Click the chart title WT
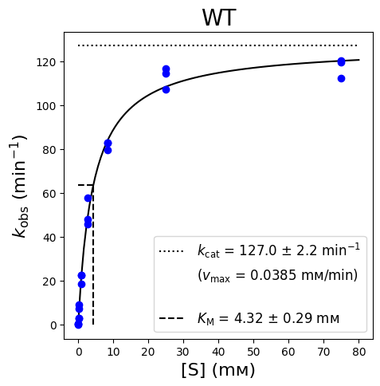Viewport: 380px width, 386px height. (x=219, y=18)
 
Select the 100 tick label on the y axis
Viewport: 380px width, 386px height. (x=45, y=106)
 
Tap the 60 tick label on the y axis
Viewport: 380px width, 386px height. (x=49, y=194)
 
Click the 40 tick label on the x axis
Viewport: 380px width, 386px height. (x=218, y=352)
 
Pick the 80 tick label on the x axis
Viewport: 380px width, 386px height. (x=358, y=352)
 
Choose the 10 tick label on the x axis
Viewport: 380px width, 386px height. (x=113, y=352)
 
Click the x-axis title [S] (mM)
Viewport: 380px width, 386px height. (x=218, y=370)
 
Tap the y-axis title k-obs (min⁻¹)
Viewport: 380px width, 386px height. (x=19, y=186)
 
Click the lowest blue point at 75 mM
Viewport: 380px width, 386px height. (x=341, y=79)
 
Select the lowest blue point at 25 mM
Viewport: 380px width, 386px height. (x=166, y=90)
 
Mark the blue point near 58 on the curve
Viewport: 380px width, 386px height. (x=88, y=198)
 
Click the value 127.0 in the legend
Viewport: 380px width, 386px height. (x=258, y=250)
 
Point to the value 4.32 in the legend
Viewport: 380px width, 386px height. (x=248, y=318)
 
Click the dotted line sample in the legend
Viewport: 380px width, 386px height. (x=171, y=251)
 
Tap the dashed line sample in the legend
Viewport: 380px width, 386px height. (x=171, y=318)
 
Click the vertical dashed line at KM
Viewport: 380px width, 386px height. (x=93, y=254)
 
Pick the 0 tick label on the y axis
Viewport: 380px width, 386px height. (x=53, y=325)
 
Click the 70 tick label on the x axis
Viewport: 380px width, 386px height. (x=323, y=352)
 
